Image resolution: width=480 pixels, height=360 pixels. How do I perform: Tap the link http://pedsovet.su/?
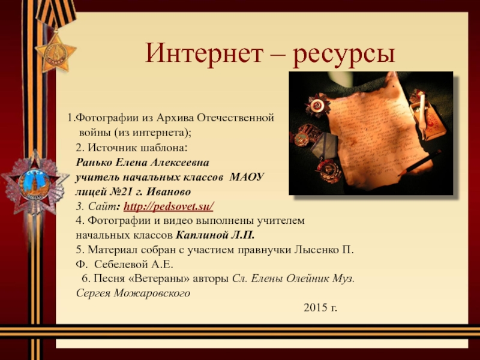coord(172,206)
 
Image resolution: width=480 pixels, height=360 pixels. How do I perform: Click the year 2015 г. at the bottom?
coord(320,308)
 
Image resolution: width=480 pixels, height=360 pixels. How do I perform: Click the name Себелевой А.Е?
coord(134,264)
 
